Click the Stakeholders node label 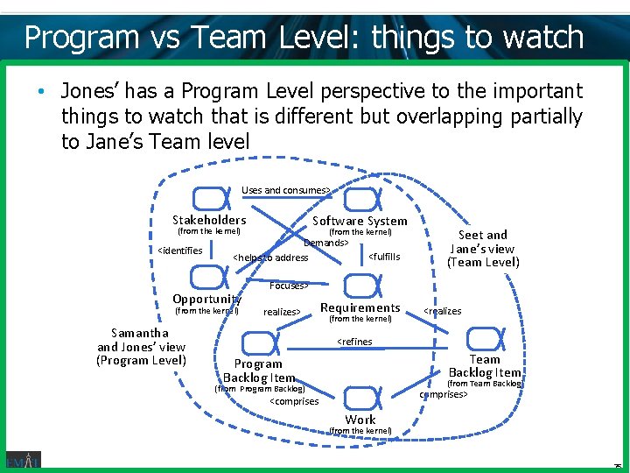click(209, 220)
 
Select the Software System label click(360, 221)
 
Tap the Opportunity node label click(206, 299)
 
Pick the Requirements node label click(360, 307)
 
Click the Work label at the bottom click(360, 420)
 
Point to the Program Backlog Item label click(258, 371)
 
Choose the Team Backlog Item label click(484, 365)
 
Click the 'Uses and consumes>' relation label click(286, 190)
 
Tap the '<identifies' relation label click(179, 251)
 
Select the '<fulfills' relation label click(384, 257)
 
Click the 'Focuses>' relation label click(288, 286)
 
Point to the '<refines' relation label click(354, 342)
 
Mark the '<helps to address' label click(270, 258)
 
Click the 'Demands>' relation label click(325, 243)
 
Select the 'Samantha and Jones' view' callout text click(141, 346)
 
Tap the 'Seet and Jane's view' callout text click(483, 248)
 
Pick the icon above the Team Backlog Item click(483, 338)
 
